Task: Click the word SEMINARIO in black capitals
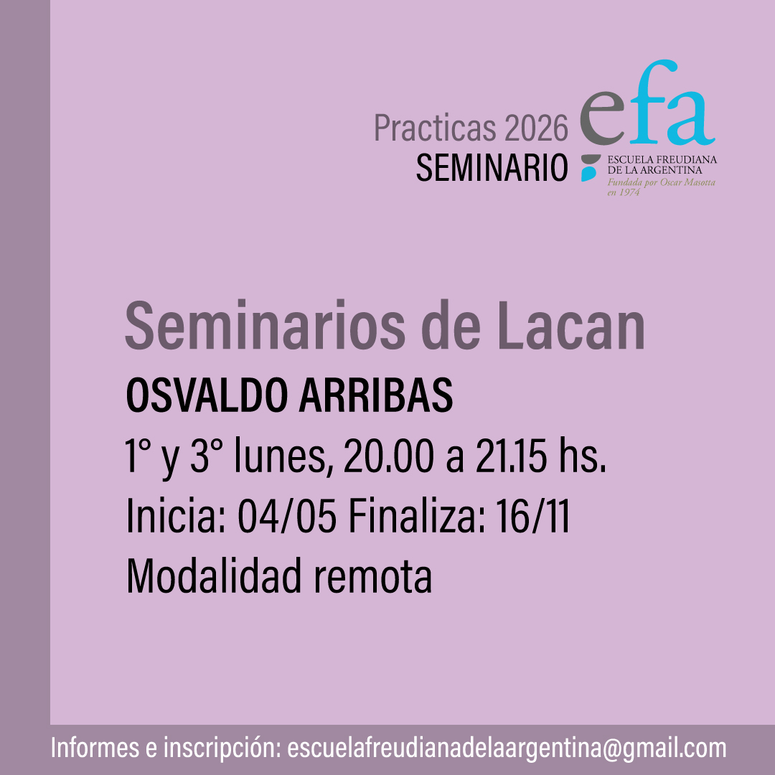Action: click(492, 167)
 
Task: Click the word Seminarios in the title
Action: click(265, 326)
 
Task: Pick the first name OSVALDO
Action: click(207, 395)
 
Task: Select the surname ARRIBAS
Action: click(375, 395)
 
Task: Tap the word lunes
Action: click(281, 456)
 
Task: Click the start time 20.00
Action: click(388, 456)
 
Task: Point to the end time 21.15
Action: click(511, 456)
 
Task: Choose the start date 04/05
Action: click(287, 517)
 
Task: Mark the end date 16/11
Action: click(532, 517)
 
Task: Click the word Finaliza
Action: click(418, 517)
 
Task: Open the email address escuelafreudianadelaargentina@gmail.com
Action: click(507, 748)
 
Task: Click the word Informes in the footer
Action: click(95, 748)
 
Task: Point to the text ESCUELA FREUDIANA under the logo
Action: click(662, 159)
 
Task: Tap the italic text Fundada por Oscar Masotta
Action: click(662, 182)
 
